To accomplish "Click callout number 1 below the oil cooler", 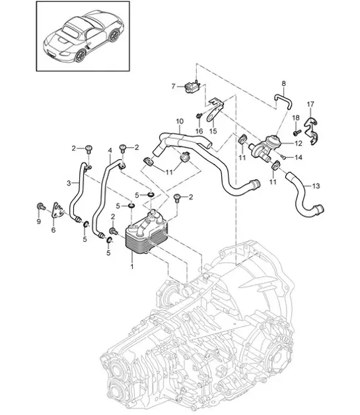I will click(132, 267).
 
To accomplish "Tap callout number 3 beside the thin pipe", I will click(69, 182).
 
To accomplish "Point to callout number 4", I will click(110, 151).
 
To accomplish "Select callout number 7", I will click(174, 86).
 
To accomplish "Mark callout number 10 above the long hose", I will click(179, 121).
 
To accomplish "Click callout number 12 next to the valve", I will click(297, 143).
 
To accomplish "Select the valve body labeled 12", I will click(270, 143).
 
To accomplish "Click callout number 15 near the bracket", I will click(213, 131).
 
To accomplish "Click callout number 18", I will click(295, 118).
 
